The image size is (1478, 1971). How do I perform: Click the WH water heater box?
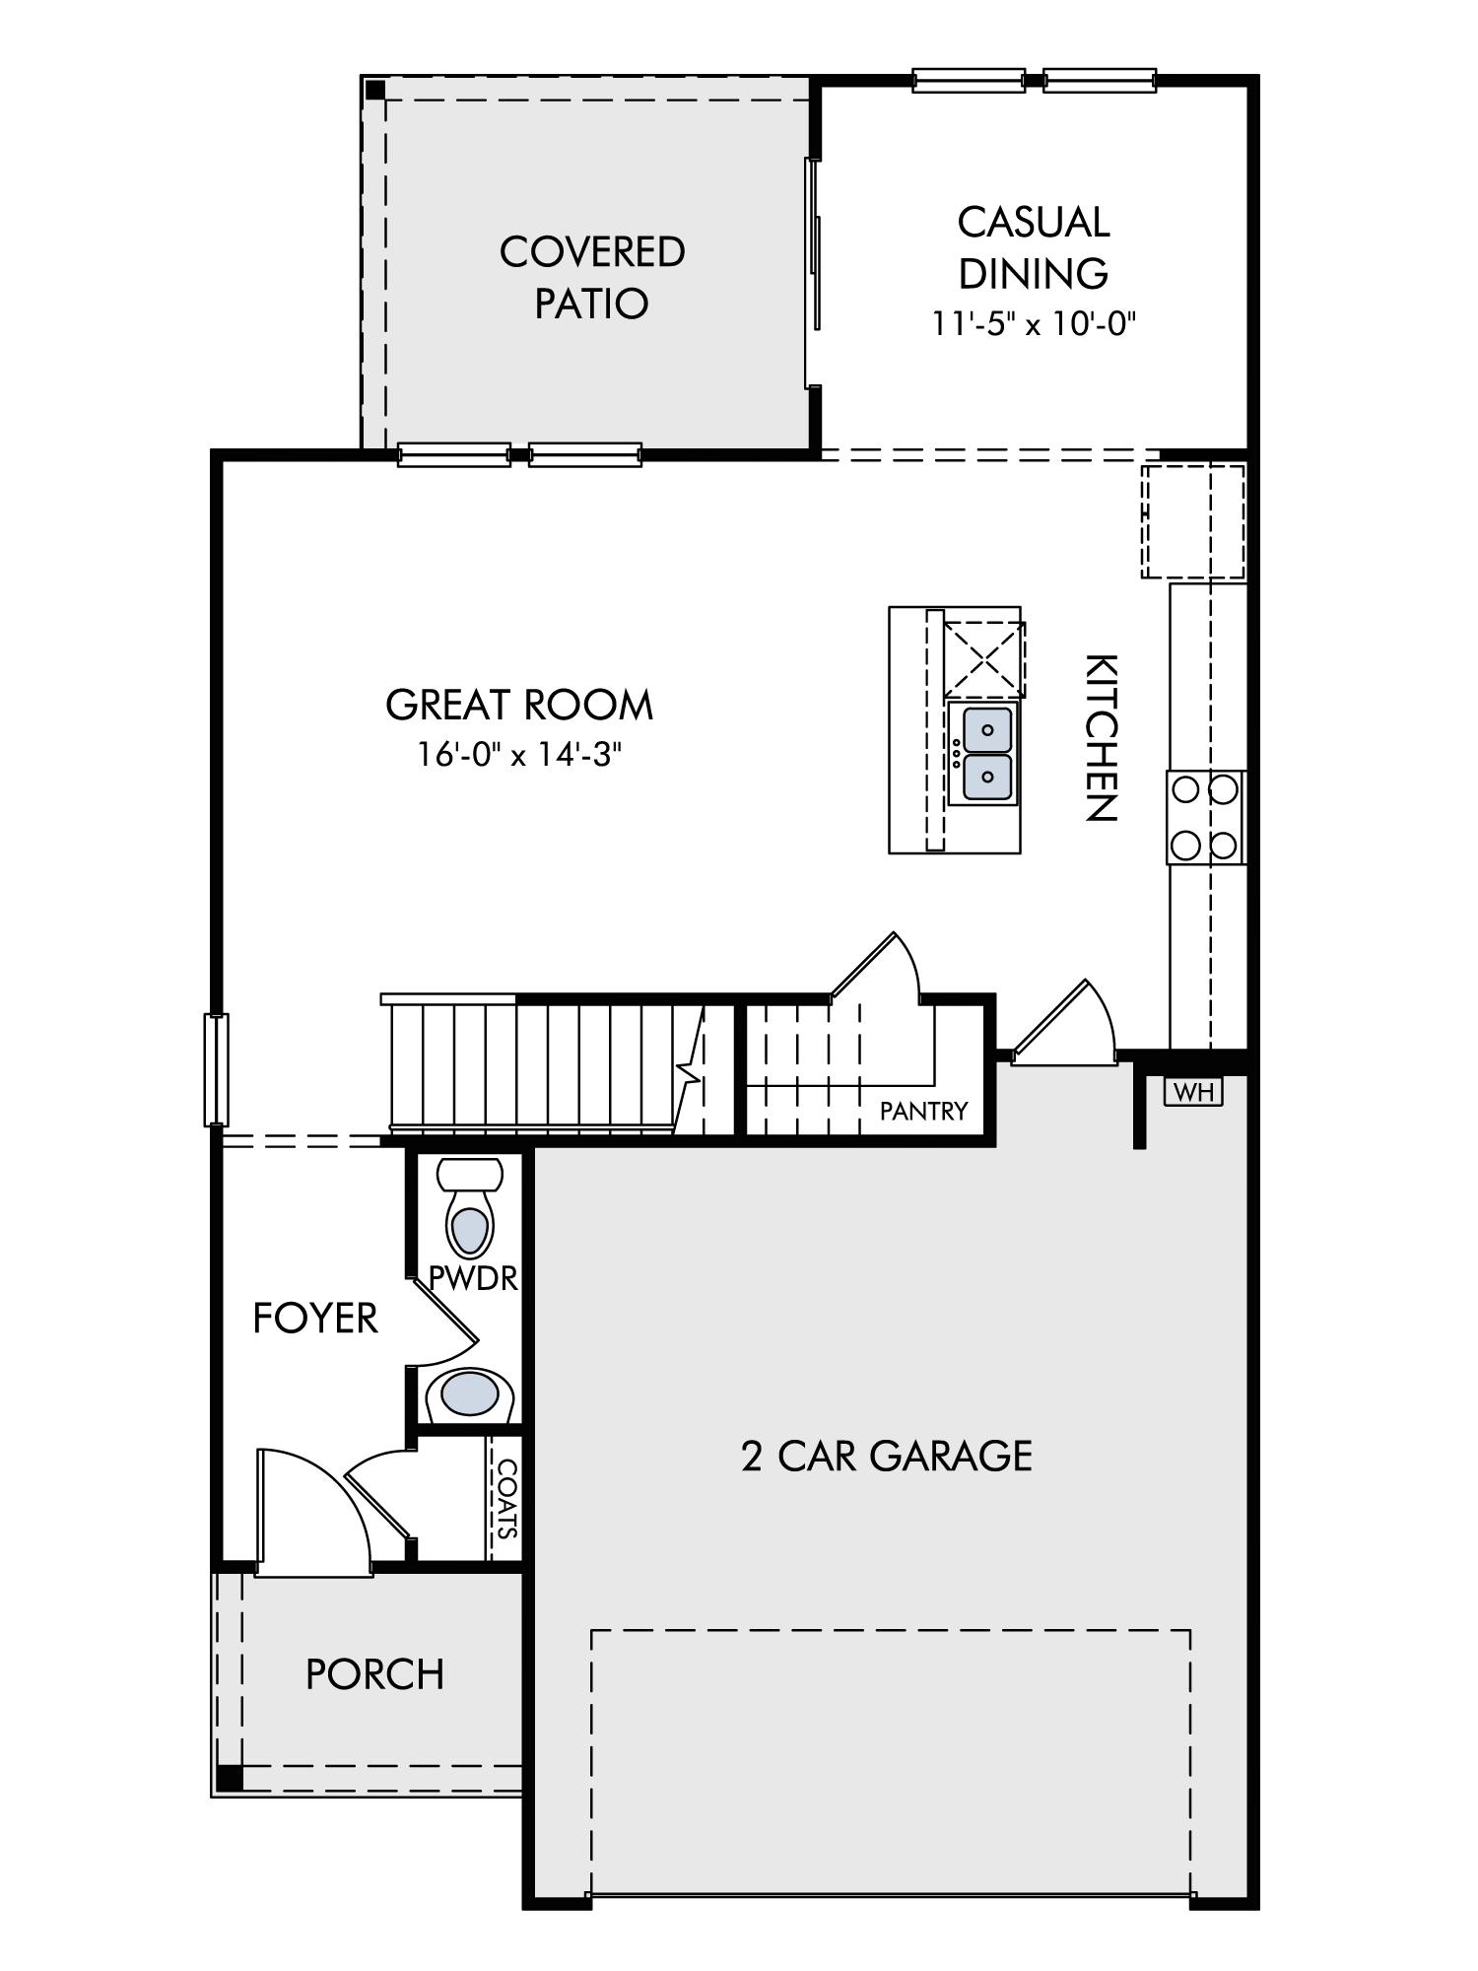[1193, 1091]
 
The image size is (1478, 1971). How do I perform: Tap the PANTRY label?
[923, 1112]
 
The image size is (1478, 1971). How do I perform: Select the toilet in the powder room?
[470, 1207]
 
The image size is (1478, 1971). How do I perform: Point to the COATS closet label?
[506, 1499]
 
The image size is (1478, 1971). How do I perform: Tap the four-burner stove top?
[1206, 818]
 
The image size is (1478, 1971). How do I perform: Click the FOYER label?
[315, 1319]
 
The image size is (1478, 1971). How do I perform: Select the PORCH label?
[374, 1674]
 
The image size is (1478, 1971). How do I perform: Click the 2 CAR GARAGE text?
[887, 1456]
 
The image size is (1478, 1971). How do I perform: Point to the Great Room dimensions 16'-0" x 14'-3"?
[519, 754]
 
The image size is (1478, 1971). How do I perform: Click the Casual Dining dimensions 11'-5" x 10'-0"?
[1035, 323]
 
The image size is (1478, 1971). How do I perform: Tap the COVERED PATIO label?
[592, 277]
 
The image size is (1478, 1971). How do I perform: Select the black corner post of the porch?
[229, 1777]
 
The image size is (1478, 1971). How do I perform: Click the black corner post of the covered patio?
[375, 90]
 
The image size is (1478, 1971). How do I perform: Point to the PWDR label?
[473, 1278]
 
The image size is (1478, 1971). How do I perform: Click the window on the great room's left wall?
[216, 1069]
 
